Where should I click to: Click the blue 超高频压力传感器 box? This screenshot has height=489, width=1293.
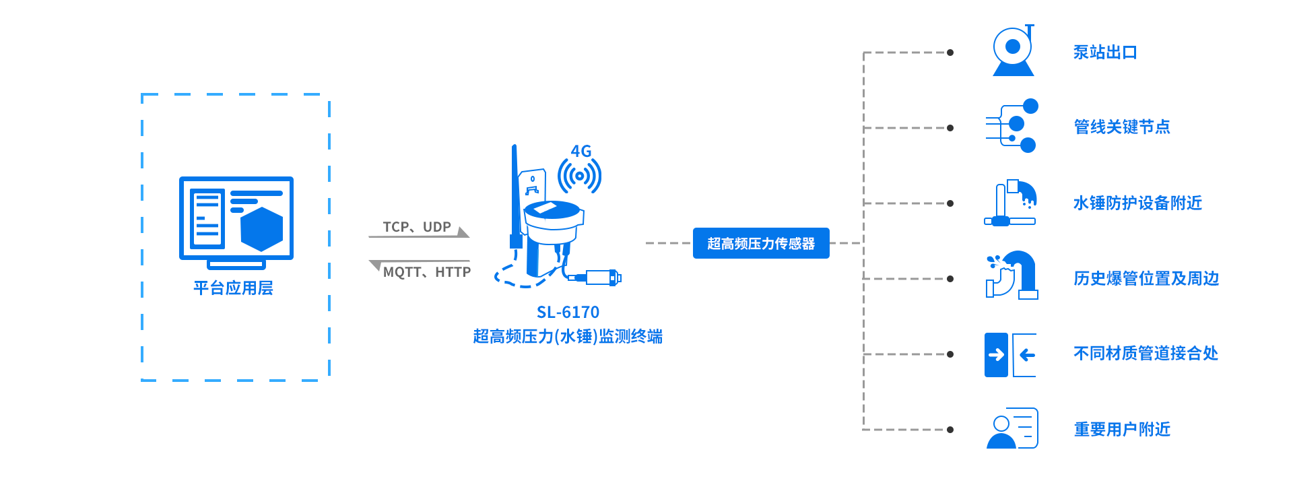tap(761, 243)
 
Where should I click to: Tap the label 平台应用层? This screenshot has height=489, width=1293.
tap(233, 288)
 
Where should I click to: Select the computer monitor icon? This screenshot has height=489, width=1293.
tap(236, 222)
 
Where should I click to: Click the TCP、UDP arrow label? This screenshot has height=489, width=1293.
tap(417, 227)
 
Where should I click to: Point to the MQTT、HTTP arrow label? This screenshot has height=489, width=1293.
tap(426, 272)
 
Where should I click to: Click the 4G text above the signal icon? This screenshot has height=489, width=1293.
tap(581, 152)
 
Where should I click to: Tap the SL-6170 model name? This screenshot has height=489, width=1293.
tap(568, 313)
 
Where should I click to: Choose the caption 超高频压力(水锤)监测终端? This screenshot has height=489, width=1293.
tap(568, 336)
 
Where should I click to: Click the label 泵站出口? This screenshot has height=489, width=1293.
tap(1105, 53)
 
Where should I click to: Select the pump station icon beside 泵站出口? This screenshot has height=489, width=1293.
tap(1013, 51)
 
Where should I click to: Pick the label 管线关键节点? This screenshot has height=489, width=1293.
tap(1121, 127)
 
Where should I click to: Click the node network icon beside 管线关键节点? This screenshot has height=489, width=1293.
tap(1012, 126)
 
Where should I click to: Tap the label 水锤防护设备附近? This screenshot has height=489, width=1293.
tap(1137, 203)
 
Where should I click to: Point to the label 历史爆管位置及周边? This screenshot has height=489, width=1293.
tap(1146, 278)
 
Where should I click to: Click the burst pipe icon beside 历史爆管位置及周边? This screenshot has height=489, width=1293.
tap(1012, 275)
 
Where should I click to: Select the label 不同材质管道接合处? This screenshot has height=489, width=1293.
tap(1146, 354)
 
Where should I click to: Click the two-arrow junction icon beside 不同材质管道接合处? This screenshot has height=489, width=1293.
tap(1010, 355)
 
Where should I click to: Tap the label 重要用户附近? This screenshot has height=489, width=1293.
tap(1122, 429)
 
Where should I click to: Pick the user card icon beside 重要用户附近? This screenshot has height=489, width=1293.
tap(1012, 428)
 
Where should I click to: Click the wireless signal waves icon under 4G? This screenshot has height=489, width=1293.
tap(579, 176)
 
